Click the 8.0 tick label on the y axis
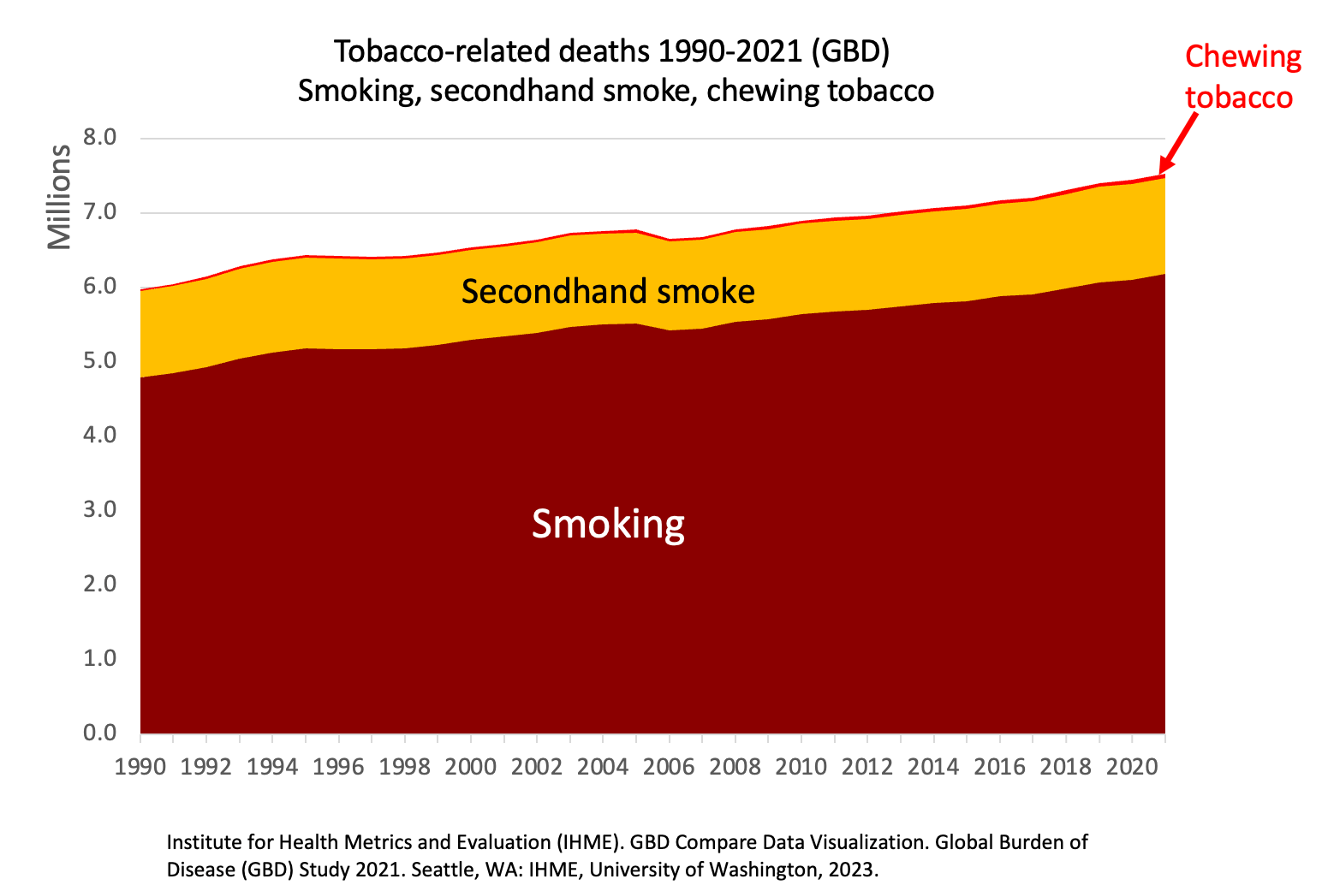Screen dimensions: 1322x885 pos(99,138)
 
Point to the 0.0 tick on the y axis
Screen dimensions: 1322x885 pos(99,733)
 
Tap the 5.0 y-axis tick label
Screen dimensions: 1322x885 pos(99,360)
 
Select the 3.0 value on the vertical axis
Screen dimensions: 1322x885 pos(99,509)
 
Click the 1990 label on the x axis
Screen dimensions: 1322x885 pos(140,767)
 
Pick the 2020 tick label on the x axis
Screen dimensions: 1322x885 pos(1132,767)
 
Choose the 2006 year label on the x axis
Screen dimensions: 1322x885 pos(669,767)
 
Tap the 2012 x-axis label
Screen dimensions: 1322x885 pos(867,767)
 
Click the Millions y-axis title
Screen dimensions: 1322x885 pos(59,197)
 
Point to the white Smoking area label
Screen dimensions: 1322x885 pos(608,524)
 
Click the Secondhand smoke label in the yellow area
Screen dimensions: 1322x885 pos(608,292)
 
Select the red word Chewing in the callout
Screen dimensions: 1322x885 pos(1243,58)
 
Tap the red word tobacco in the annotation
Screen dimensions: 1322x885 pos(1240,98)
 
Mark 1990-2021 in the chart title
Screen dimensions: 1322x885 pos(730,51)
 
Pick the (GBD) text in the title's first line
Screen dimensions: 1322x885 pos(850,52)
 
